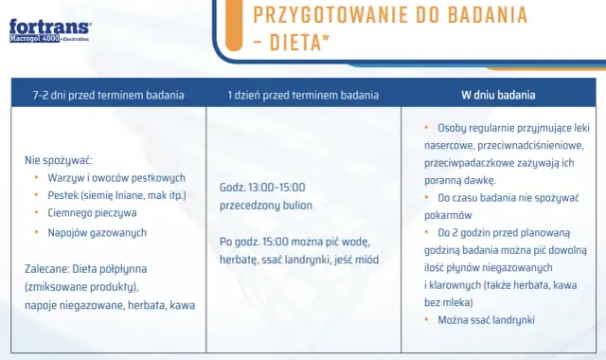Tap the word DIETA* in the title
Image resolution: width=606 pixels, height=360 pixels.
304,43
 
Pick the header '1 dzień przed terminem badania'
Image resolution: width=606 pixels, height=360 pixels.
303,95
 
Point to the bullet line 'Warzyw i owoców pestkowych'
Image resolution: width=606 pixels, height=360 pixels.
116,177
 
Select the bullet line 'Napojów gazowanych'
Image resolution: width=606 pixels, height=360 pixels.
98,232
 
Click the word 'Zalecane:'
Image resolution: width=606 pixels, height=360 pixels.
45,268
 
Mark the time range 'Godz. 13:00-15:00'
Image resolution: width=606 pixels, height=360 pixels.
262,187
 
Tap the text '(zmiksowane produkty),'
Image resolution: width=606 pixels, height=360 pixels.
82,286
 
